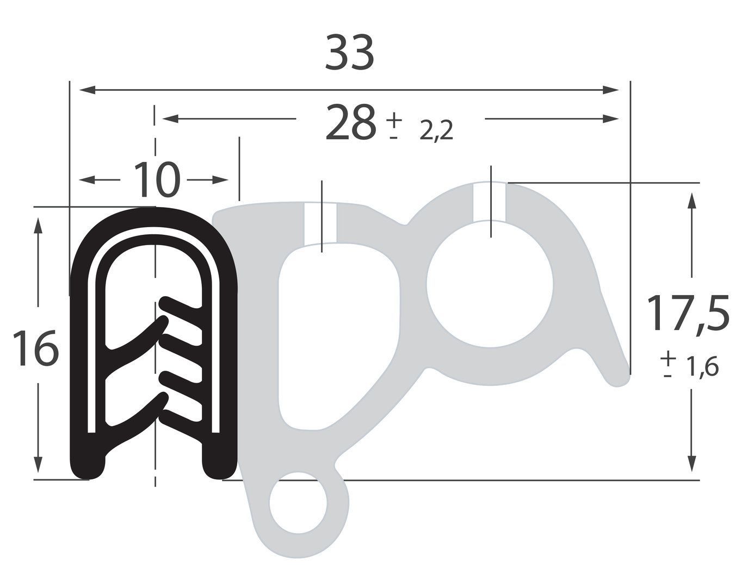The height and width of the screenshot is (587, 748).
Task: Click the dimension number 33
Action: (349, 53)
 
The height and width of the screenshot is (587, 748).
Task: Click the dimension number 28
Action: (350, 122)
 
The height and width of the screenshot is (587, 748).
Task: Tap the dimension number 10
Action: (157, 179)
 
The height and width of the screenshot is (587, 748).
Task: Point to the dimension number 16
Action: (35, 348)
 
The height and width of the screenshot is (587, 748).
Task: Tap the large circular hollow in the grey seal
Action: (490, 284)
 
